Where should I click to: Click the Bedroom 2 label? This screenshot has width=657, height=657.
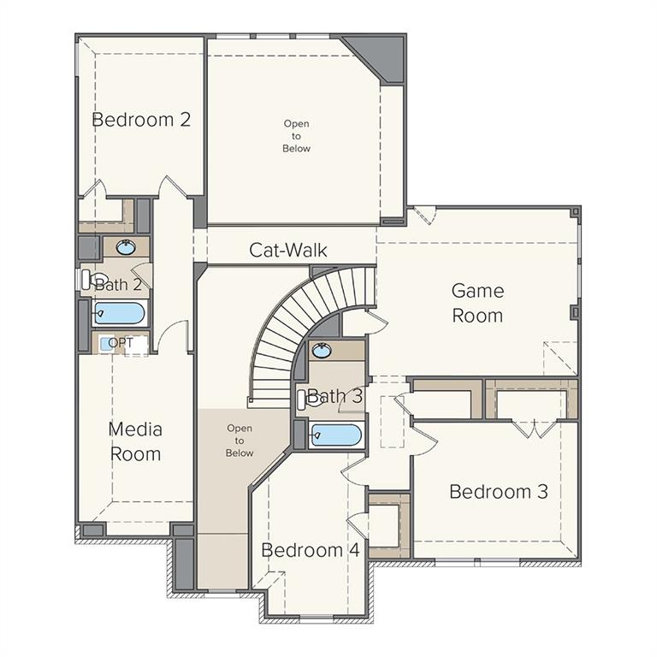[x=141, y=120]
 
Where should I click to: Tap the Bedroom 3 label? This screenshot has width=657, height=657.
[x=499, y=492]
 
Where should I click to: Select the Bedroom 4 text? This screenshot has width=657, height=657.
[x=310, y=550]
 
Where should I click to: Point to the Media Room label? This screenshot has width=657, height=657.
[x=135, y=441]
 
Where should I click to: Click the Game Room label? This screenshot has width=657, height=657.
[x=477, y=303]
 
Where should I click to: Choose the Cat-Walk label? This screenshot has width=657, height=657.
[x=288, y=250]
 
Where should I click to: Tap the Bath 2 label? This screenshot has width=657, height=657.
[x=118, y=284]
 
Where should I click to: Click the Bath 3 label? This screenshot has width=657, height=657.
[x=334, y=396]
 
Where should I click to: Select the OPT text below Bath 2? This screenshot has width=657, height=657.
[x=121, y=343]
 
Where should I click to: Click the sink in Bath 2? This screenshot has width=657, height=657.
[x=127, y=248]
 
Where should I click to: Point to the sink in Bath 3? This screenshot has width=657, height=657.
[x=323, y=350]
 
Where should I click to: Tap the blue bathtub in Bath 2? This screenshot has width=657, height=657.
[x=119, y=313]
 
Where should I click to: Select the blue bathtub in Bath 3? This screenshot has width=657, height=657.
[x=335, y=435]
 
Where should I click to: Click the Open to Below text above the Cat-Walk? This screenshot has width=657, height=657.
[x=297, y=136]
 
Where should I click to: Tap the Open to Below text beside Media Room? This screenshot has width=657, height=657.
[x=240, y=441]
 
